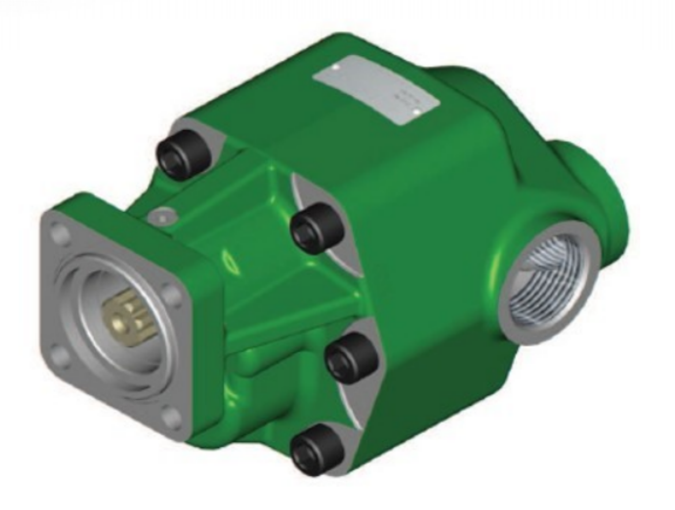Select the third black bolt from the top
point(351,355)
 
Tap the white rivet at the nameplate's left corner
point(336,67)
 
